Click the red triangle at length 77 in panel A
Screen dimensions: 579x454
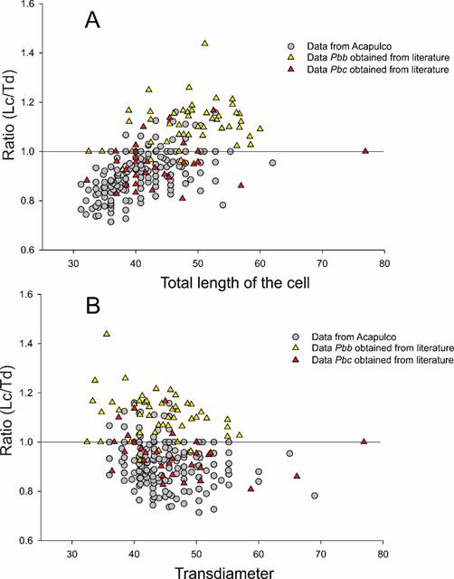pos(365,151)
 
